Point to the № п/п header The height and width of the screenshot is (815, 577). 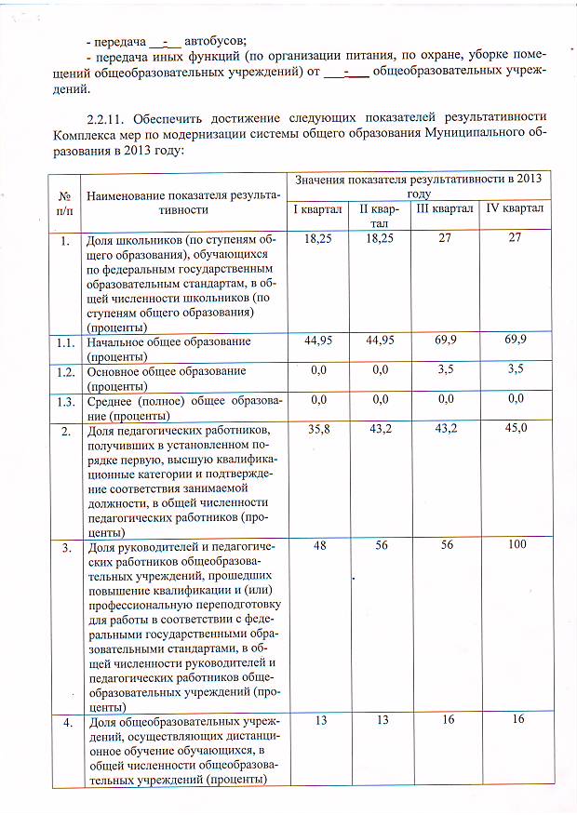pyautogui.click(x=65, y=203)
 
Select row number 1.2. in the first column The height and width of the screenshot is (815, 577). pyautogui.click(x=64, y=370)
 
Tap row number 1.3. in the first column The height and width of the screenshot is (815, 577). pyautogui.click(x=64, y=400)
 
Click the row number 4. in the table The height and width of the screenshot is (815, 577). pyautogui.click(x=65, y=720)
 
